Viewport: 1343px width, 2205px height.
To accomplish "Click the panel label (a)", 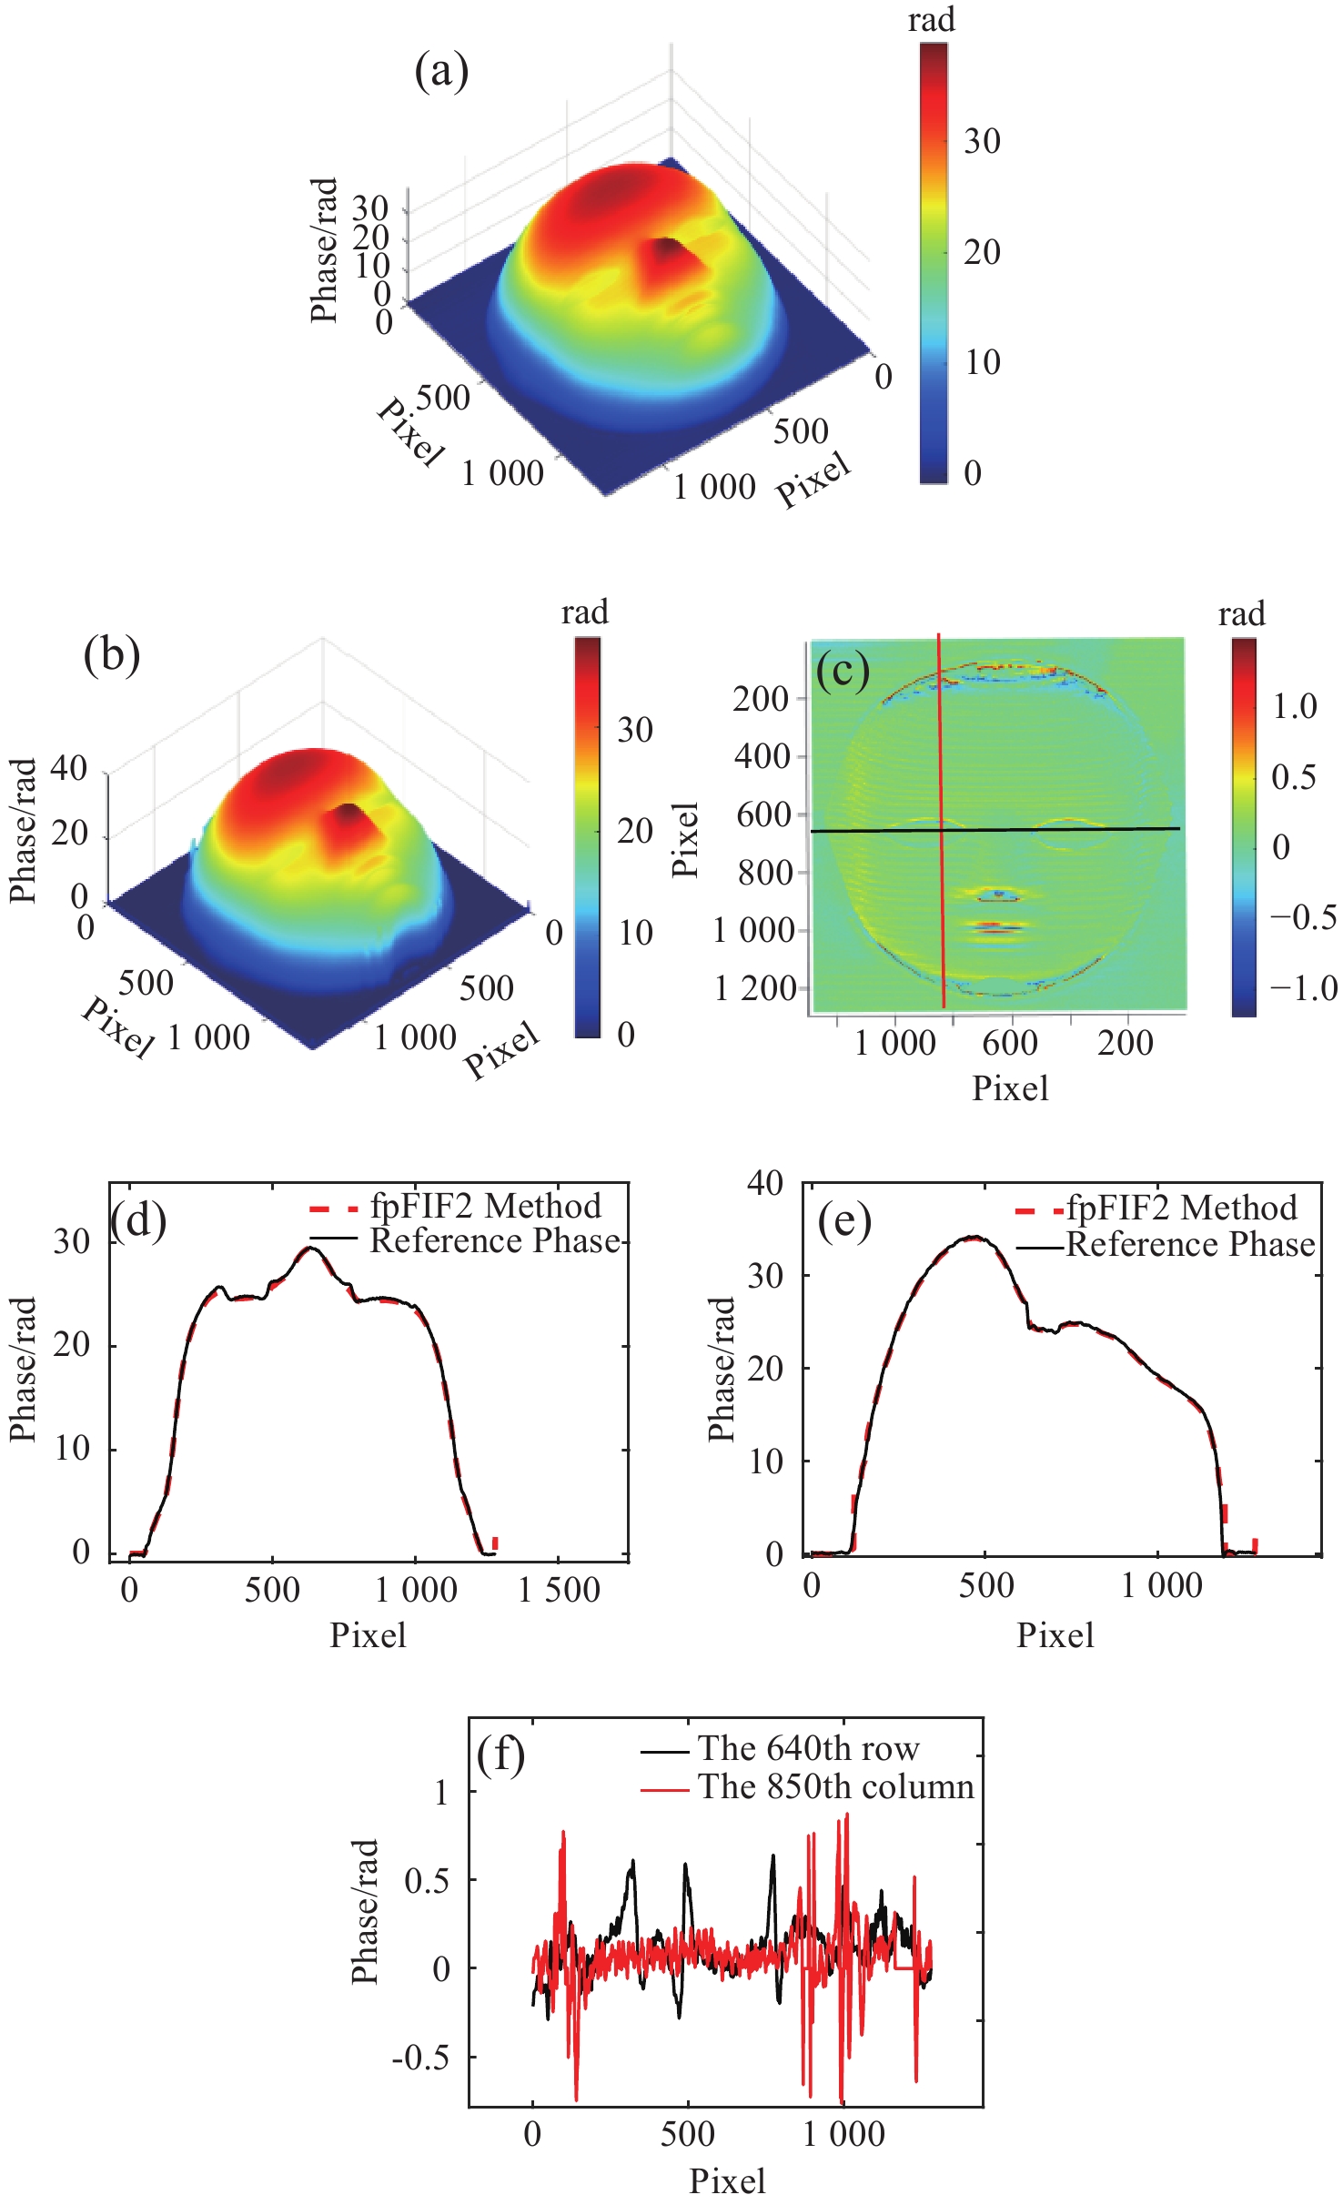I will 441,72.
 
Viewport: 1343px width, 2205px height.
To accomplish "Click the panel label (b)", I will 112,654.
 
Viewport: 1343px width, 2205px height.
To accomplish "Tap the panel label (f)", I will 500,1755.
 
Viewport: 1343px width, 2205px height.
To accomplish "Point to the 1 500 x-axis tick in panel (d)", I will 559,1590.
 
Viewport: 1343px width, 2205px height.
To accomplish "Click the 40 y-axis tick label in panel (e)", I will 765,1183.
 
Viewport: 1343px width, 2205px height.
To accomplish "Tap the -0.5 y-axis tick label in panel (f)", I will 420,2057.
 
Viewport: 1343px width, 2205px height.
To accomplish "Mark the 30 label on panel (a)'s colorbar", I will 983,141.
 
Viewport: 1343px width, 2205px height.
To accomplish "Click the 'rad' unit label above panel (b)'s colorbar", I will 584,612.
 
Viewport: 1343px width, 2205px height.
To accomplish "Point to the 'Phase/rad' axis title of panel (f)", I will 365,1912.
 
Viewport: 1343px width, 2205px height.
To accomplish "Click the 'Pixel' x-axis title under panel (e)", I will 1055,1634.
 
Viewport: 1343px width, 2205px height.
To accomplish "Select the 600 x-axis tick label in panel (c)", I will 1010,1042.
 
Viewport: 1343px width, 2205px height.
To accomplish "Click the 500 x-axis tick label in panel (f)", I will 687,2134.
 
